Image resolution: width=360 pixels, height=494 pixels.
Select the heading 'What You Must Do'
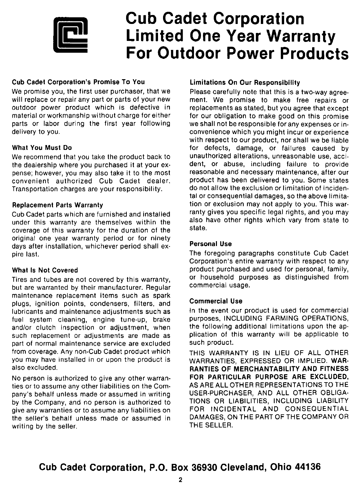tap(42, 147)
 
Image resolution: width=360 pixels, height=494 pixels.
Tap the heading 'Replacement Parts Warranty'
tap(58, 205)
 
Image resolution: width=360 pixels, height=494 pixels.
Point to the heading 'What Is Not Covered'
tap(45, 270)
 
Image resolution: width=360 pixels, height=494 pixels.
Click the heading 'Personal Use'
tap(210, 244)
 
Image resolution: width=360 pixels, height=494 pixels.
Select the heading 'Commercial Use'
tap(216, 301)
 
